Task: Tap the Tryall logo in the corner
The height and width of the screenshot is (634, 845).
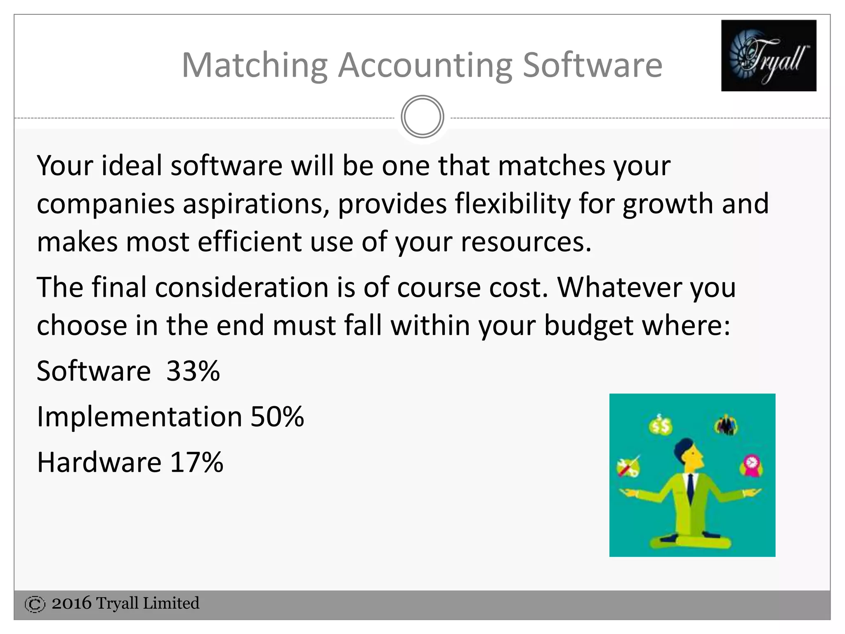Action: click(x=768, y=55)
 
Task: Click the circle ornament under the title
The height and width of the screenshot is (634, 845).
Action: click(x=422, y=117)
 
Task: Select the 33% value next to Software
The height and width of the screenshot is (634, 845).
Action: click(x=193, y=371)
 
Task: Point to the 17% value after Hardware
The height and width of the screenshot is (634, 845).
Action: click(x=196, y=462)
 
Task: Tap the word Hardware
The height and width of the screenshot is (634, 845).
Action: click(x=99, y=462)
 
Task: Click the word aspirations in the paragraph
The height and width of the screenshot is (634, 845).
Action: click(x=256, y=204)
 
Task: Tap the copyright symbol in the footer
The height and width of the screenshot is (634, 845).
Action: click(x=35, y=604)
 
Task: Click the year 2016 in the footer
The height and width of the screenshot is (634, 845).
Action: click(x=71, y=603)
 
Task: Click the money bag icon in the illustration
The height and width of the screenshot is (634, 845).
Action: click(x=660, y=426)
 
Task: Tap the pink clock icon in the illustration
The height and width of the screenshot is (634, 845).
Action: click(x=751, y=465)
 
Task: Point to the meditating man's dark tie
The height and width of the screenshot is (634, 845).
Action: click(x=690, y=487)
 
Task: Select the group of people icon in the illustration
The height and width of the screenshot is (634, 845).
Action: click(x=726, y=425)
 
